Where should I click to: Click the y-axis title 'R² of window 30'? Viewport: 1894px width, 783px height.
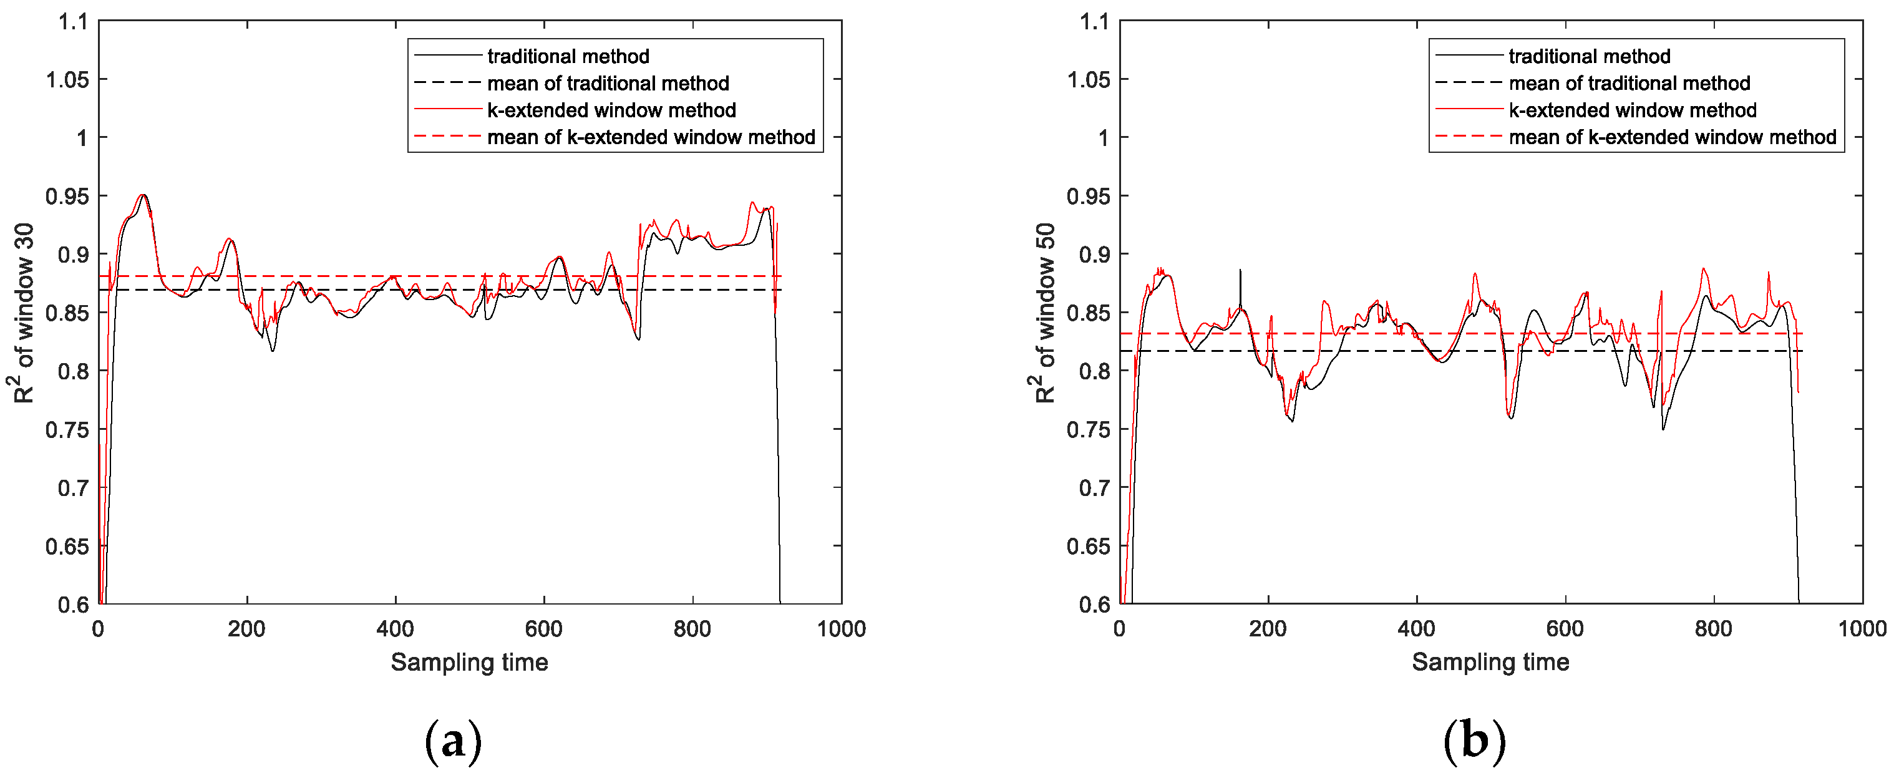pos(24,313)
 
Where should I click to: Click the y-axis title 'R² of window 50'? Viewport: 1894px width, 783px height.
pos(1045,313)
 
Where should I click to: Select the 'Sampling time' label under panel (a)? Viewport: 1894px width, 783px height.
pos(469,663)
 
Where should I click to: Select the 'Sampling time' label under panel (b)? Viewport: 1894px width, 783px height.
pos(1490,663)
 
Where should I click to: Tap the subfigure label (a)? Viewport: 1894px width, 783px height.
pos(453,741)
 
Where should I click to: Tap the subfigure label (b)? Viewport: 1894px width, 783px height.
pos(1474,741)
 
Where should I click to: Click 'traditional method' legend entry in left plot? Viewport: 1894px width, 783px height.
pos(568,57)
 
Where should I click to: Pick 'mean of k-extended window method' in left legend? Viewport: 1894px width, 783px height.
pos(651,137)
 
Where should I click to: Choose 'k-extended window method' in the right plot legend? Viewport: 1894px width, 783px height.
pos(1632,110)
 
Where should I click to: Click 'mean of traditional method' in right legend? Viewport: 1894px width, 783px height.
pos(1629,83)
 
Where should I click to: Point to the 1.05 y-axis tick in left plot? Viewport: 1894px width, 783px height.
pos(67,79)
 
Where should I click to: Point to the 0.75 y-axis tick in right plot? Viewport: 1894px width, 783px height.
pos(1088,429)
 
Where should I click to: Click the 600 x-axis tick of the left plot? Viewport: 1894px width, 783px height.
pos(544,630)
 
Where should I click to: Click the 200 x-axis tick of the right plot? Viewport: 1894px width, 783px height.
pos(1268,630)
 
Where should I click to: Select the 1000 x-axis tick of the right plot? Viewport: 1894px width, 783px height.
pos(1862,630)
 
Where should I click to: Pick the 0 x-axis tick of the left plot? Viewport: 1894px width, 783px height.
pos(99,630)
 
